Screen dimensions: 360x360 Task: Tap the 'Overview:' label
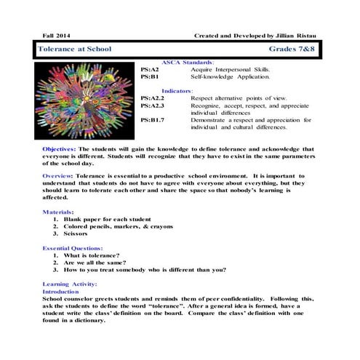(x=58, y=176)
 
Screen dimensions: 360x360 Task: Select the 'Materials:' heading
(x=58, y=211)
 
